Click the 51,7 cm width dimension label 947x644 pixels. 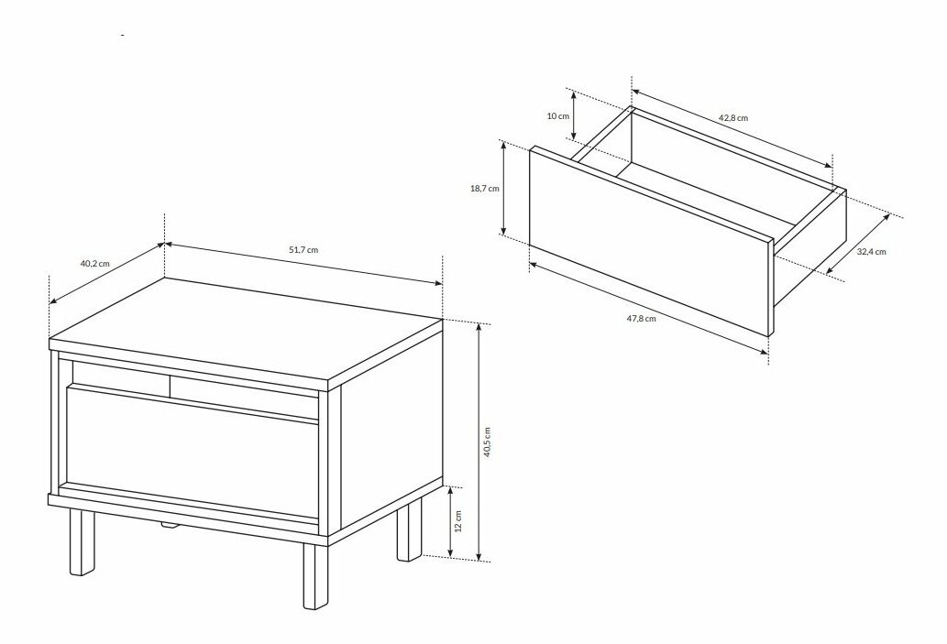(x=303, y=250)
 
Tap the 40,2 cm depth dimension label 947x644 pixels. (x=95, y=263)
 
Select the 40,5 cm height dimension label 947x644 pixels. (x=488, y=442)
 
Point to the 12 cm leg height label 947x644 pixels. (x=458, y=521)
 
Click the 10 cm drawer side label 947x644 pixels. (x=558, y=116)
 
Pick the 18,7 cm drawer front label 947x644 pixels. (x=485, y=189)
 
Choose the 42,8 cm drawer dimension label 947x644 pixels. (x=733, y=117)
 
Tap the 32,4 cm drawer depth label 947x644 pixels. (x=872, y=252)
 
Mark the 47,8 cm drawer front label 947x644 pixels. (x=641, y=318)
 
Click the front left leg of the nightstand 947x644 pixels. (x=83, y=542)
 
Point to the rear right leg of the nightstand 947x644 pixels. (x=410, y=531)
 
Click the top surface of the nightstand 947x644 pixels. (x=246, y=329)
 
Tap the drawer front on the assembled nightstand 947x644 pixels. (x=192, y=452)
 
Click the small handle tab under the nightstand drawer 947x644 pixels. (x=171, y=527)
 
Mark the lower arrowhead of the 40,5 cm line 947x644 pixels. (x=479, y=557)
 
